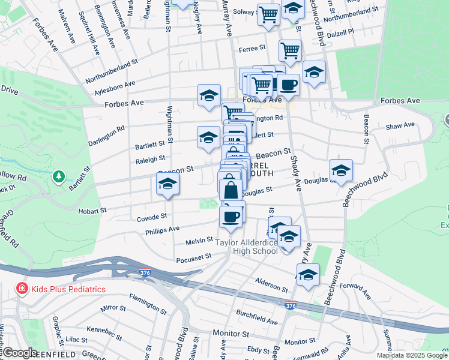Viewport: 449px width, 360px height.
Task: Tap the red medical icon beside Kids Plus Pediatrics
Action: pos(22,289)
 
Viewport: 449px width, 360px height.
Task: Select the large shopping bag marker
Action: pos(231,190)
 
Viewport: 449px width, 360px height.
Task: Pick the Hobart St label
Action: pos(92,211)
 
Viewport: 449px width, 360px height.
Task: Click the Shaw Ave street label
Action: pos(400,125)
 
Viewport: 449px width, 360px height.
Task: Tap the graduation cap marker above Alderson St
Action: pos(308,275)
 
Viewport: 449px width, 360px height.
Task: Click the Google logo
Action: pos(20,353)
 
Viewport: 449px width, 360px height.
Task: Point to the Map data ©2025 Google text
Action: pos(412,355)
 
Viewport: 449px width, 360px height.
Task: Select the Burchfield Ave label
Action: pos(256,317)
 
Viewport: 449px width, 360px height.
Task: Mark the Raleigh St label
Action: pos(150,159)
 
